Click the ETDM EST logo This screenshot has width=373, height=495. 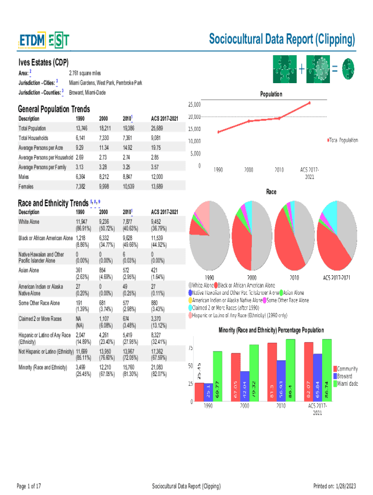pos(44,41)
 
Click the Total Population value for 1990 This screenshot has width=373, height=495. pos(82,128)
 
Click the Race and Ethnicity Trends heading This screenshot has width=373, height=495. pos(53,203)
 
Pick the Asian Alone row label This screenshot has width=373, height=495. pos(29,270)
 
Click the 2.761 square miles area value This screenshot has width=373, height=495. pos(85,73)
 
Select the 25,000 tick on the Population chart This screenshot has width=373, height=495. pos(194,104)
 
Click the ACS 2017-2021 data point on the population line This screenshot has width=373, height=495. pos(309,103)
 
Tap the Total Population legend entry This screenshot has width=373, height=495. pos(343,140)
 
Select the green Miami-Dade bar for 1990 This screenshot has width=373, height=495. pos(218,376)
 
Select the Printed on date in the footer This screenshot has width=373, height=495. pos(335,486)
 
